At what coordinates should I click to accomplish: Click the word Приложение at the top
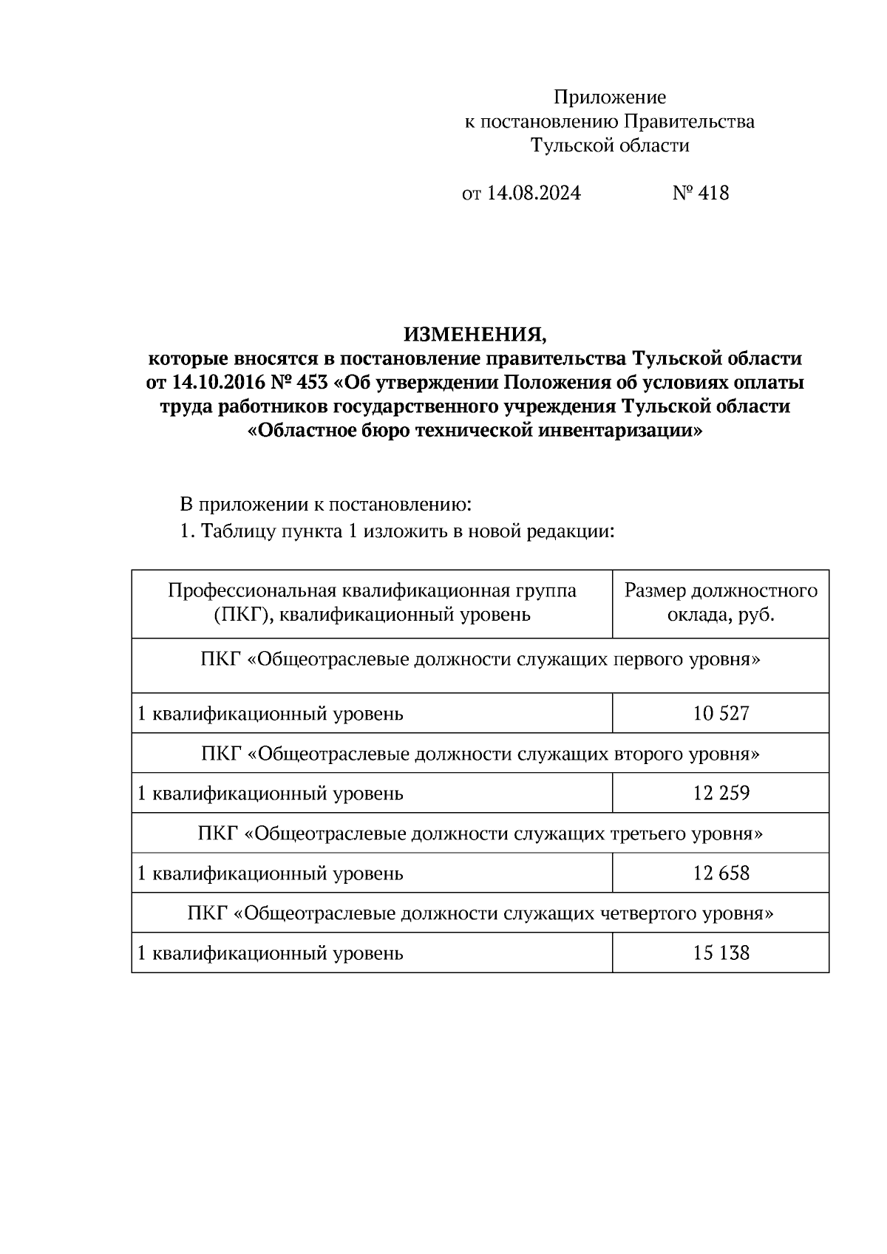pyautogui.click(x=610, y=97)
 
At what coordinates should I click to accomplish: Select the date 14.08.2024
pyautogui.click(x=534, y=193)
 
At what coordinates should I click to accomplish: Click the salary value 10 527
pyautogui.click(x=721, y=713)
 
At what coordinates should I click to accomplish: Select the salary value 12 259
pyautogui.click(x=721, y=793)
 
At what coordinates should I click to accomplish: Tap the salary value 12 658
pyautogui.click(x=721, y=873)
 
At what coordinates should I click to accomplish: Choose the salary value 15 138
pyautogui.click(x=721, y=953)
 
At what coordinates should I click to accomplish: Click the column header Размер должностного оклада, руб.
pyautogui.click(x=721, y=602)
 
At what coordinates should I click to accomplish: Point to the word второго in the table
pyautogui.click(x=648, y=754)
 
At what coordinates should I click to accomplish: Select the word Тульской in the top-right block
pyautogui.click(x=569, y=145)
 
